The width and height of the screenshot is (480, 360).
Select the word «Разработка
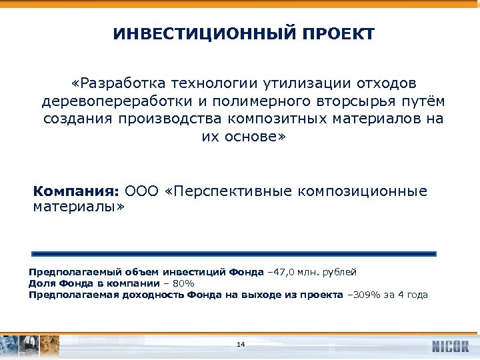(119, 84)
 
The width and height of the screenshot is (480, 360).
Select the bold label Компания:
(75, 191)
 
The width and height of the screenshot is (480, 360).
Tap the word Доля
(40, 283)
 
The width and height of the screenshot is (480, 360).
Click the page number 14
(241, 344)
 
